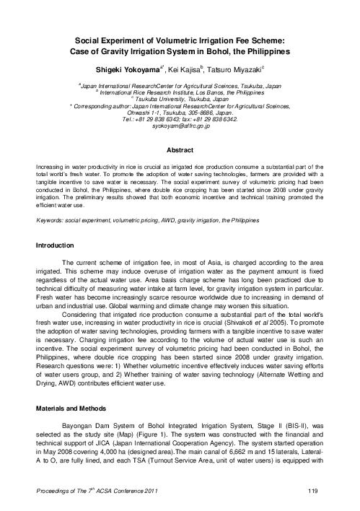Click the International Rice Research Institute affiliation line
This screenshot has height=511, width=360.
point(180,92)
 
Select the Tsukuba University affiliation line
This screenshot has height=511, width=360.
point(180,99)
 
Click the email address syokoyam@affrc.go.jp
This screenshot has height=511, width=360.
point(180,125)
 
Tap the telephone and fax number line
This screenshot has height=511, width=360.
point(180,118)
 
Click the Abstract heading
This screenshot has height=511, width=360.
point(180,151)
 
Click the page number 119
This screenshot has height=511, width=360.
point(312,492)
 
